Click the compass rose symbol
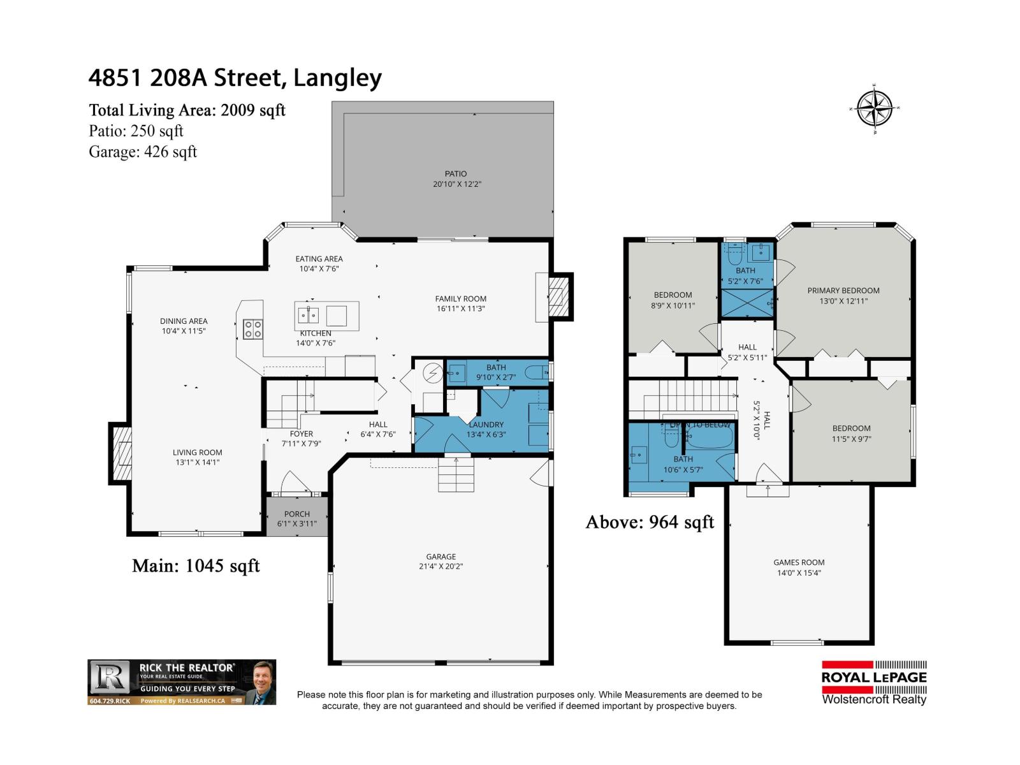click(875, 109)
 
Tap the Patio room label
click(456, 173)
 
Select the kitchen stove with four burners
click(253, 329)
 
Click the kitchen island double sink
click(309, 314)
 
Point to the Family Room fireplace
click(559, 296)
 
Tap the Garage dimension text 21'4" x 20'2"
click(441, 566)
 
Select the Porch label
click(297, 514)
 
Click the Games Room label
click(799, 562)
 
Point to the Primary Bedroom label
click(843, 291)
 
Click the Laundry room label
click(486, 425)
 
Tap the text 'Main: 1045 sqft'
click(196, 565)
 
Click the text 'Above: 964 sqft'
click(650, 522)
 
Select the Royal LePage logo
click(874, 682)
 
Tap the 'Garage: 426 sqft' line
click(143, 152)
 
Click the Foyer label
click(302, 433)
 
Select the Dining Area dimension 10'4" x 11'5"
click(184, 331)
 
